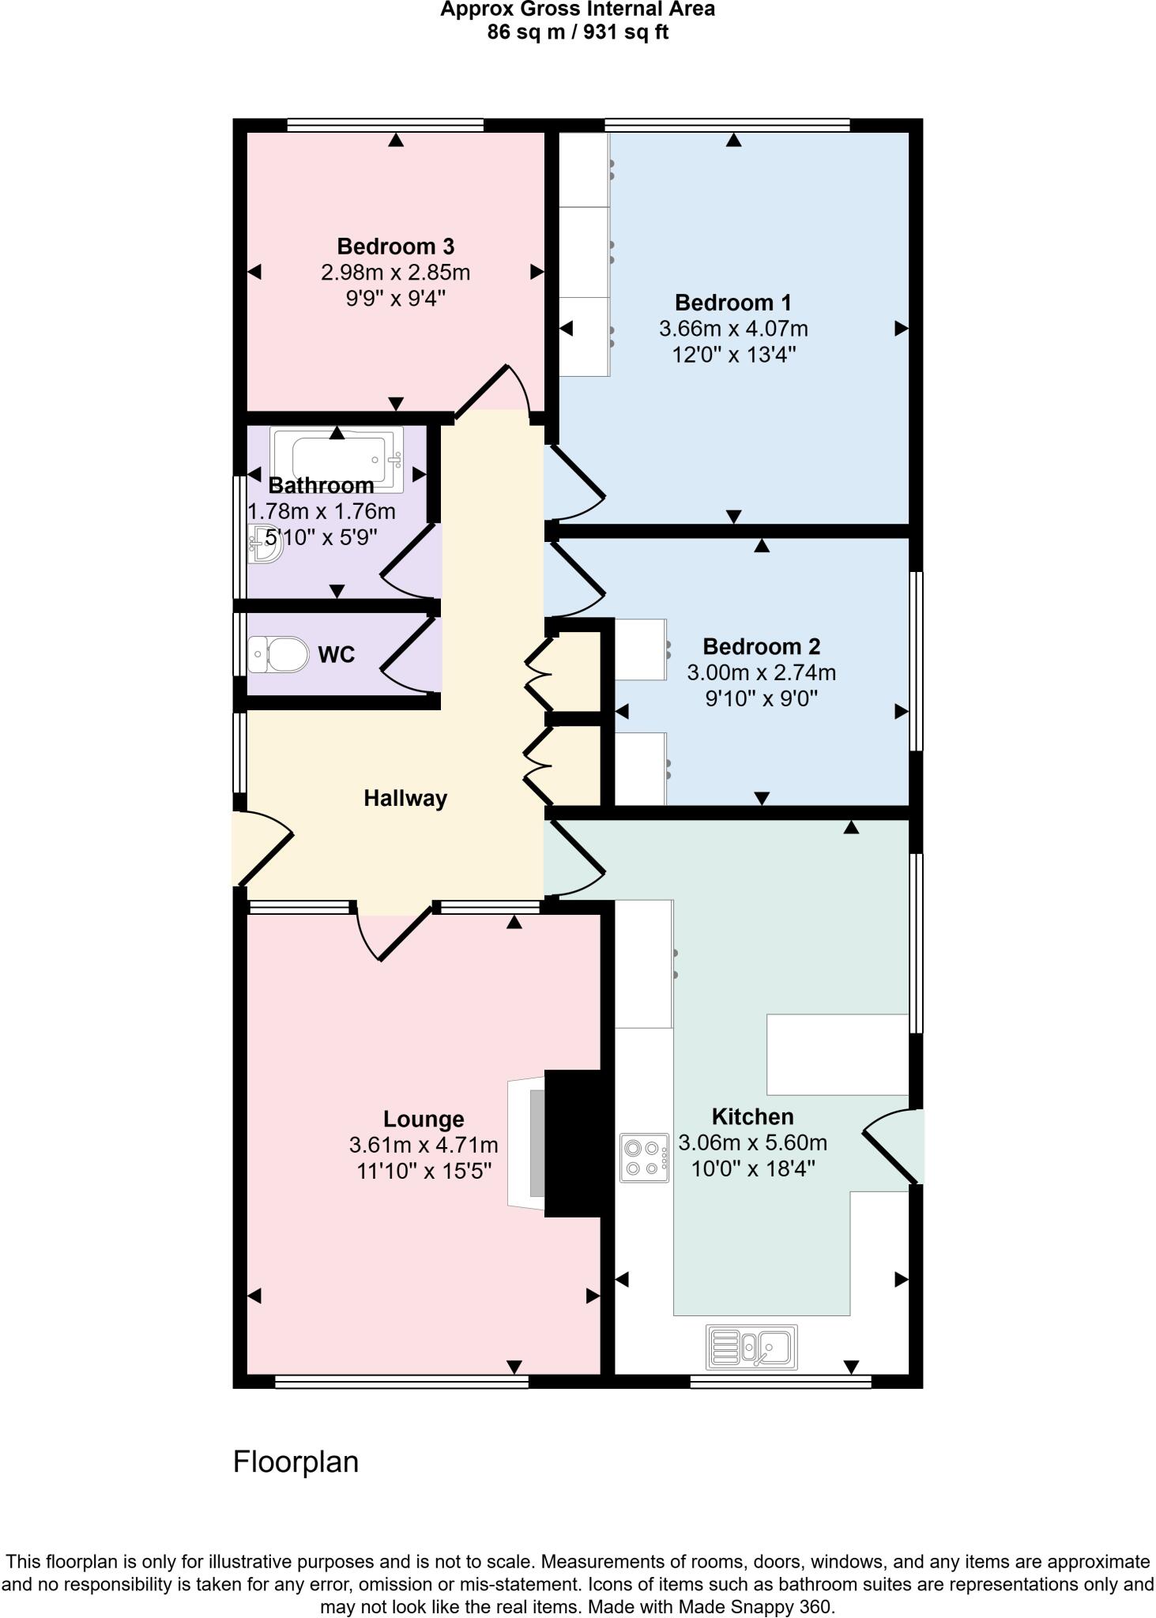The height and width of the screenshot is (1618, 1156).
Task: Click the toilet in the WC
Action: point(279,654)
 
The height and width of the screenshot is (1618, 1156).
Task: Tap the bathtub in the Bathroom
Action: point(337,458)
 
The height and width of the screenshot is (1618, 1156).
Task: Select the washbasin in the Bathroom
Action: point(264,544)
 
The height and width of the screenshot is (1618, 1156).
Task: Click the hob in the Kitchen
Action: point(645,1158)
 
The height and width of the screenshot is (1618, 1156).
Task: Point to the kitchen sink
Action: point(751,1347)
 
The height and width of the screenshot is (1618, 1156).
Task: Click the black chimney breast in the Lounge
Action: point(574,1143)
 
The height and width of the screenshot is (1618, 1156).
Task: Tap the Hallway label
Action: point(405,799)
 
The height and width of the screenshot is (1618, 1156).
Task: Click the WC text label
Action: point(336,655)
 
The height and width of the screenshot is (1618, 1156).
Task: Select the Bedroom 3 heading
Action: point(395,246)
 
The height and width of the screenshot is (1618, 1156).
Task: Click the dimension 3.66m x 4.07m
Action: point(733,329)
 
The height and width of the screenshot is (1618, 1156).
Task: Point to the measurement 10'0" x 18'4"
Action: point(753,1168)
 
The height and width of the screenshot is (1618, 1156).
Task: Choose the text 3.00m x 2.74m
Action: point(761,673)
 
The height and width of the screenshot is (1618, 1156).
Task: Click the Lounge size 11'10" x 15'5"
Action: point(424,1171)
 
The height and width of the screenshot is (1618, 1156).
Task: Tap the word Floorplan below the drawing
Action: point(296,1462)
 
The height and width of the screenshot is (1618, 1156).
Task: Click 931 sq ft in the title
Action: point(625,32)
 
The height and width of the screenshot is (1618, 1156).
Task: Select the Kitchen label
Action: point(752,1116)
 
